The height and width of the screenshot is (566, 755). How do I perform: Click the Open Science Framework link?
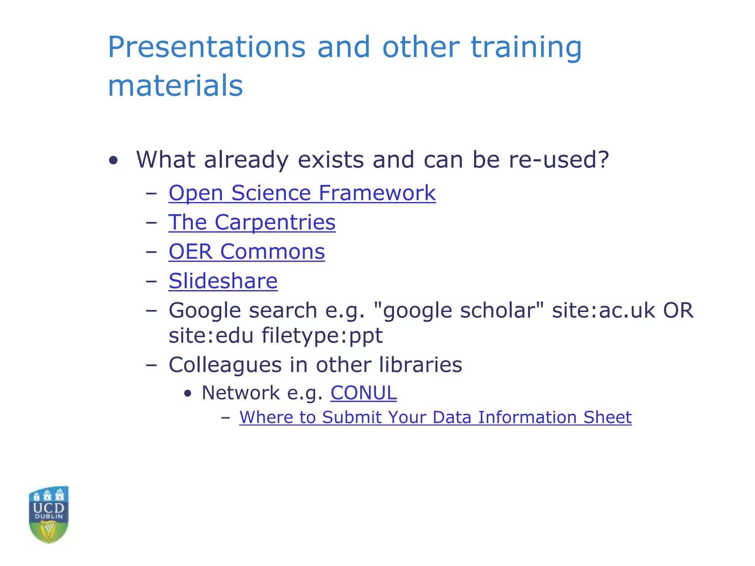[302, 193]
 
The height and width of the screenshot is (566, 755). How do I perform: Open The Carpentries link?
[252, 223]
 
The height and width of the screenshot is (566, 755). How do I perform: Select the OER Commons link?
[247, 252]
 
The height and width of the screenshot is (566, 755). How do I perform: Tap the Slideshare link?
[223, 281]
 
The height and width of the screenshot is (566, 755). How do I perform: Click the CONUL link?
[363, 393]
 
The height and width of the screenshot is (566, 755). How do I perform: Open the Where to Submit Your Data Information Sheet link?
[435, 417]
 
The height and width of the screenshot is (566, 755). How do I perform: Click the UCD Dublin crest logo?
[49, 514]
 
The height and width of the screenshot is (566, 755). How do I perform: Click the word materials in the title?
[175, 85]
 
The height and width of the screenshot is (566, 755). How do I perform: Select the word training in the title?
[526, 48]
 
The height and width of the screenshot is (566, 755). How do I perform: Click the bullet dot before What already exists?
[114, 161]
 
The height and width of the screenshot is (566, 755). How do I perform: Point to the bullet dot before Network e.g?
[188, 394]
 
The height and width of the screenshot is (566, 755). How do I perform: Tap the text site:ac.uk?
[603, 310]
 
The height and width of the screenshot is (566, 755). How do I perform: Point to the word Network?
[241, 393]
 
